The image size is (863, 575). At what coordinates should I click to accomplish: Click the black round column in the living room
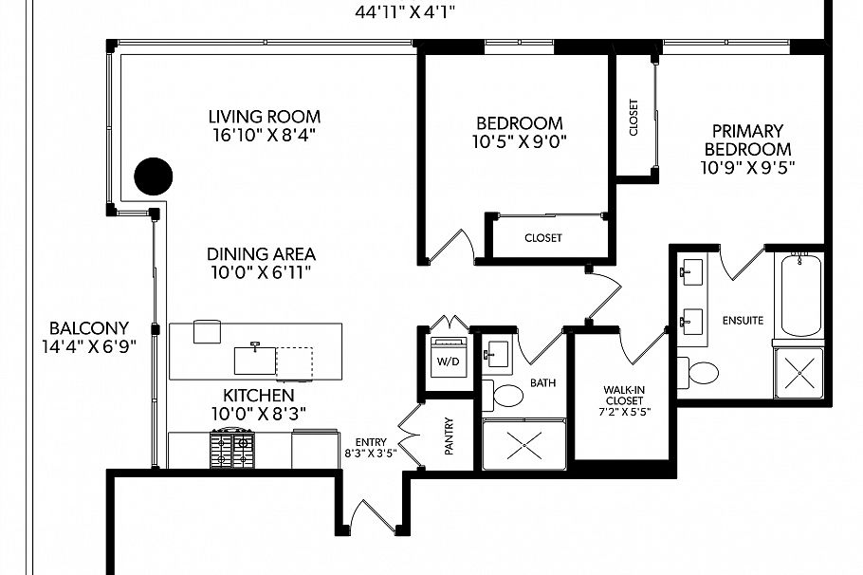pyautogui.click(x=154, y=176)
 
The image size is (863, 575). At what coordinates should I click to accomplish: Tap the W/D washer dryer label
pyautogui.click(x=448, y=362)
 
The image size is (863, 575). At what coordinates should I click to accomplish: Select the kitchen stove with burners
pyautogui.click(x=232, y=448)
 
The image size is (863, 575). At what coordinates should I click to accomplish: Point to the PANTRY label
pyautogui.click(x=450, y=436)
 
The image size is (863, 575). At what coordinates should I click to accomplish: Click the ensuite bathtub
pyautogui.click(x=801, y=295)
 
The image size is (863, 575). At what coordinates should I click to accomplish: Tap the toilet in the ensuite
pyautogui.click(x=698, y=373)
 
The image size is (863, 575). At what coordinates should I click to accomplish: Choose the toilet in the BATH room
pyautogui.click(x=503, y=395)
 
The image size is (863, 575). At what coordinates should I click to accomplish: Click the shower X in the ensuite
pyautogui.click(x=799, y=373)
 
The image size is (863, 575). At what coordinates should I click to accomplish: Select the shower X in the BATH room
pyautogui.click(x=523, y=444)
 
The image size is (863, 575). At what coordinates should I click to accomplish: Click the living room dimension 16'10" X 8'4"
pyautogui.click(x=265, y=135)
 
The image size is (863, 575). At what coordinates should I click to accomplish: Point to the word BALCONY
pyautogui.click(x=88, y=328)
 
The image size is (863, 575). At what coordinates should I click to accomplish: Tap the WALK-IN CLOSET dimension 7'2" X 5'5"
pyautogui.click(x=624, y=412)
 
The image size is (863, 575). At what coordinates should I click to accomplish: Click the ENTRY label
pyautogui.click(x=371, y=442)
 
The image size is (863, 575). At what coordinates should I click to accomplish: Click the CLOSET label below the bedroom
pyautogui.click(x=543, y=238)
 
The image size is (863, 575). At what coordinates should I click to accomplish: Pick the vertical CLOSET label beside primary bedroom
pyautogui.click(x=633, y=118)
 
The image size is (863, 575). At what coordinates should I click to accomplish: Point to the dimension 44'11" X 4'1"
pyautogui.click(x=405, y=12)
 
